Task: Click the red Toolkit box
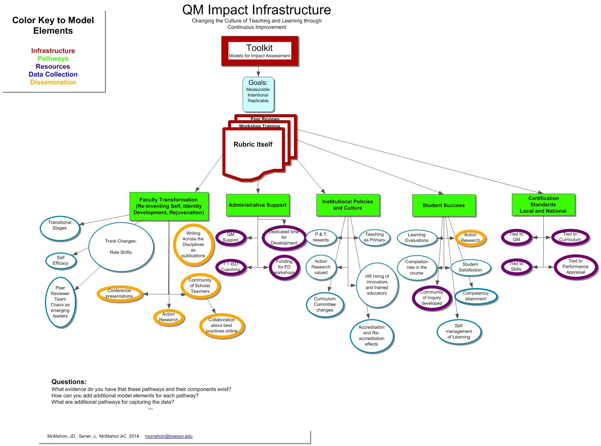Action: point(259,51)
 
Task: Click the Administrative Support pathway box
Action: point(258,205)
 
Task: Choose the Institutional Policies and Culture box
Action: point(347,205)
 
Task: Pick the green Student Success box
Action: point(443,205)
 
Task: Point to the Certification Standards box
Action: point(543,204)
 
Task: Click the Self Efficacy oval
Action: point(61,260)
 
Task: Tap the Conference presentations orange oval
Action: point(119,294)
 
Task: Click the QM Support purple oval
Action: point(231,237)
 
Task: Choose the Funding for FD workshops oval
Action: point(284,267)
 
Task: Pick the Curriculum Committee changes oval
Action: point(325,304)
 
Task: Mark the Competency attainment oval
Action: point(476,296)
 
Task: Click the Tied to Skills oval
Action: point(516,267)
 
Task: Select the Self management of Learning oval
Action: point(459,331)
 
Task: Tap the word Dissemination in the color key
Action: point(53,82)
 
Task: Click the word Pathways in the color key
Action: point(53,59)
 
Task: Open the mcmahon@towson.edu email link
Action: point(169,436)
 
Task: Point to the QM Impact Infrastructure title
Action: point(257,10)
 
